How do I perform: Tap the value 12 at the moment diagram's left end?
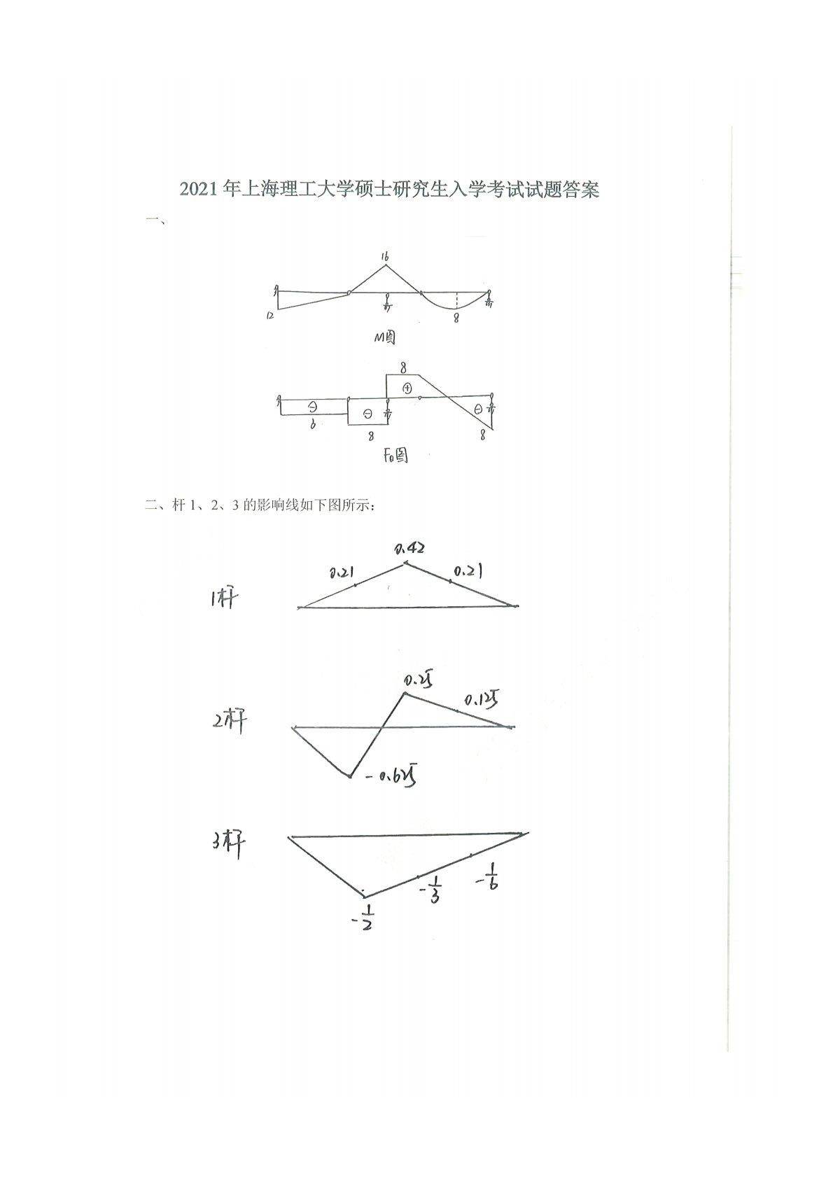[269, 316]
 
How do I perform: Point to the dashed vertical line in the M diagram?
[456, 300]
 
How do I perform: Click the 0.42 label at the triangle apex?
[410, 548]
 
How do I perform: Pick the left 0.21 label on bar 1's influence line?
[341, 573]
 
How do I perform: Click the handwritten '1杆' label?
[224, 599]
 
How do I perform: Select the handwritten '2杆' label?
[229, 721]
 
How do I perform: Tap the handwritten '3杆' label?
[229, 845]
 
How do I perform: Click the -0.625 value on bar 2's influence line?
[390, 776]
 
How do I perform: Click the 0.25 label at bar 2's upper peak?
[417, 680]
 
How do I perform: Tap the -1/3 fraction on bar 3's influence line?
[430, 890]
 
